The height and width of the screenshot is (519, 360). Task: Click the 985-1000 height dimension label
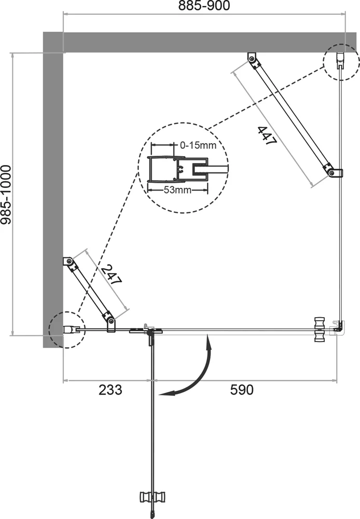tap(7, 195)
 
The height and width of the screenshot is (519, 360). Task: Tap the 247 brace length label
tap(110, 276)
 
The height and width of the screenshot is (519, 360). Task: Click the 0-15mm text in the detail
tap(197, 145)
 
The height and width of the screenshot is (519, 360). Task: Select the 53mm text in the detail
tap(177, 190)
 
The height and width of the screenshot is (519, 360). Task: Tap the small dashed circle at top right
tap(339, 61)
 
